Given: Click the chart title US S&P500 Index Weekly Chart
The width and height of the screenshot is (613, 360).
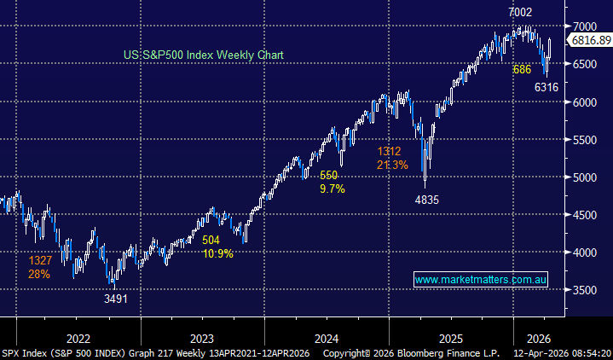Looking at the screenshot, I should tap(204, 55).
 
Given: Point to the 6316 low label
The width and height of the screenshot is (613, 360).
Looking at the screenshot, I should tap(546, 87).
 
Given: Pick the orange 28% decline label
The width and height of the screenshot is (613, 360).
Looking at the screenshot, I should tap(39, 274).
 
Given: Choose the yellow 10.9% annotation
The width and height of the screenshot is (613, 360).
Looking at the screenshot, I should tap(217, 254).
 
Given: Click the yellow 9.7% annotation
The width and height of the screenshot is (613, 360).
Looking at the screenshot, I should tap(332, 188).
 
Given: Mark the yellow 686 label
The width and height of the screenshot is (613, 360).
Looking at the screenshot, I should tap(521, 68).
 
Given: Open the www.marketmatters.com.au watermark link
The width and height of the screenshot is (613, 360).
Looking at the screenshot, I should tap(480, 280).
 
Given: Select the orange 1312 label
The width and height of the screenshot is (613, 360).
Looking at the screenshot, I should tap(390, 152).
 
